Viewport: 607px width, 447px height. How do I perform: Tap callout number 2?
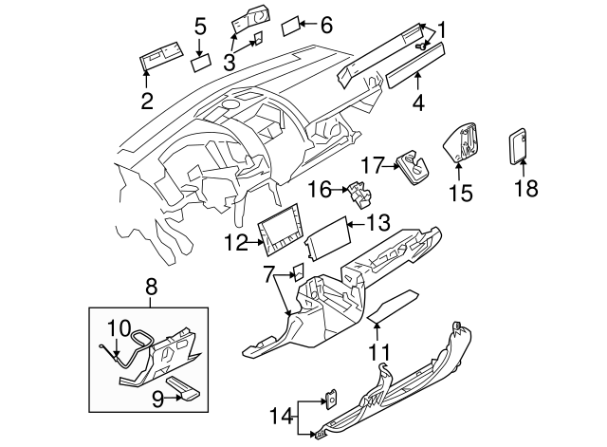pos(147,101)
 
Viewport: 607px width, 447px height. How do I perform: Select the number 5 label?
pos(200,27)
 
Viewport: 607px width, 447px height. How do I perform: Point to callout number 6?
pos(327,25)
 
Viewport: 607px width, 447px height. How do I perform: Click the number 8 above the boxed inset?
pos(150,284)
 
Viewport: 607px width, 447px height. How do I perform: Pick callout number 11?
pos(379,352)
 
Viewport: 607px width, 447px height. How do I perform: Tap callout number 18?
pos(525,188)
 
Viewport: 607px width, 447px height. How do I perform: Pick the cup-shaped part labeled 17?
pos(412,165)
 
